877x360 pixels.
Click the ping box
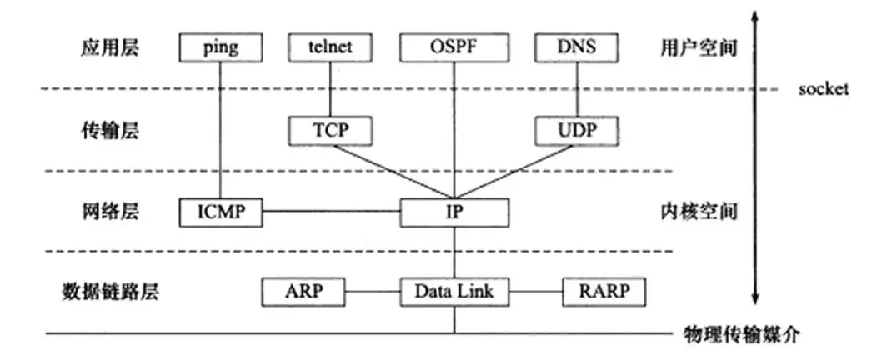[x=220, y=47]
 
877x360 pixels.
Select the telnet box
[x=330, y=47]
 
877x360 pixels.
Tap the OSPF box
[x=454, y=47]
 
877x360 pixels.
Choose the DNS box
[x=577, y=47]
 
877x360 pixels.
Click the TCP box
[x=330, y=130]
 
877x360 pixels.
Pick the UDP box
[x=577, y=130]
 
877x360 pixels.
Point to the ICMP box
[x=220, y=212]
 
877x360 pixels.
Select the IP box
[x=454, y=212]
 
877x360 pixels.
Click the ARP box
[x=303, y=291]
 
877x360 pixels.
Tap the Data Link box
[x=454, y=291]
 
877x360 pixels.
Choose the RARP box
[x=604, y=291]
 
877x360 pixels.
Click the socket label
[x=823, y=89]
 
